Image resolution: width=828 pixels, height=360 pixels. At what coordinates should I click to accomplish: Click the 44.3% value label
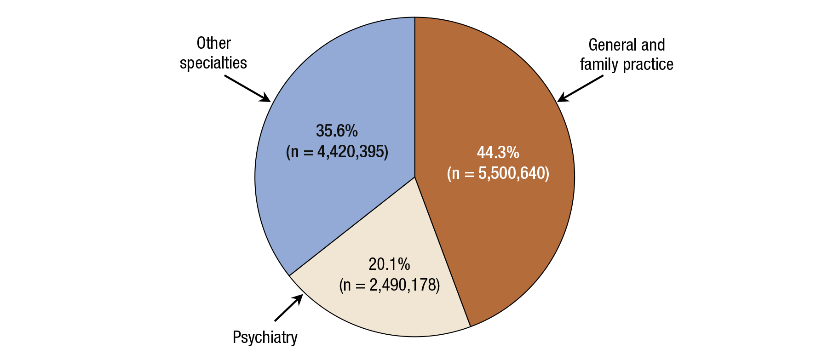tap(498, 152)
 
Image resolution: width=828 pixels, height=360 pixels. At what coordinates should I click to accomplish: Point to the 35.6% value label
tap(337, 131)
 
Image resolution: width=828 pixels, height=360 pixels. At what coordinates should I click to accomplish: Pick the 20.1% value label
tap(389, 264)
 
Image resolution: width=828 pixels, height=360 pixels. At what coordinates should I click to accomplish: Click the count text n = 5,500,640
tap(498, 173)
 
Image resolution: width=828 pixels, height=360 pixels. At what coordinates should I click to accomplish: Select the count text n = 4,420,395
tap(337, 152)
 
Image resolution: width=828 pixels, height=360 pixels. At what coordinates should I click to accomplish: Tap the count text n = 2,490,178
tap(390, 285)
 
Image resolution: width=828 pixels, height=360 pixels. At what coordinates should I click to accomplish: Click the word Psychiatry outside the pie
tap(265, 337)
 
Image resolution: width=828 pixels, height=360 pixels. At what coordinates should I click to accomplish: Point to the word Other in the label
tap(213, 43)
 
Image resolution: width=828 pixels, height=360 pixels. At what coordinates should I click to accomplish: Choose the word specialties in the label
tap(213, 63)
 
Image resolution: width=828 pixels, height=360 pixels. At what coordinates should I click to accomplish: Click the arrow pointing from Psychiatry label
tap(289, 308)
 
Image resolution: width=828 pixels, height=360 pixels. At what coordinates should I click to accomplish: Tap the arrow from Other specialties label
tap(247, 88)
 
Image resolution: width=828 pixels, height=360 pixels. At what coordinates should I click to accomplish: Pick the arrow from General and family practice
tap(581, 88)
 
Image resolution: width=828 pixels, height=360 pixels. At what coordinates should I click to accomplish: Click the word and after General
tap(653, 45)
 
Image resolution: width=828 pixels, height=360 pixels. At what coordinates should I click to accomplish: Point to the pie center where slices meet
tap(415, 177)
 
